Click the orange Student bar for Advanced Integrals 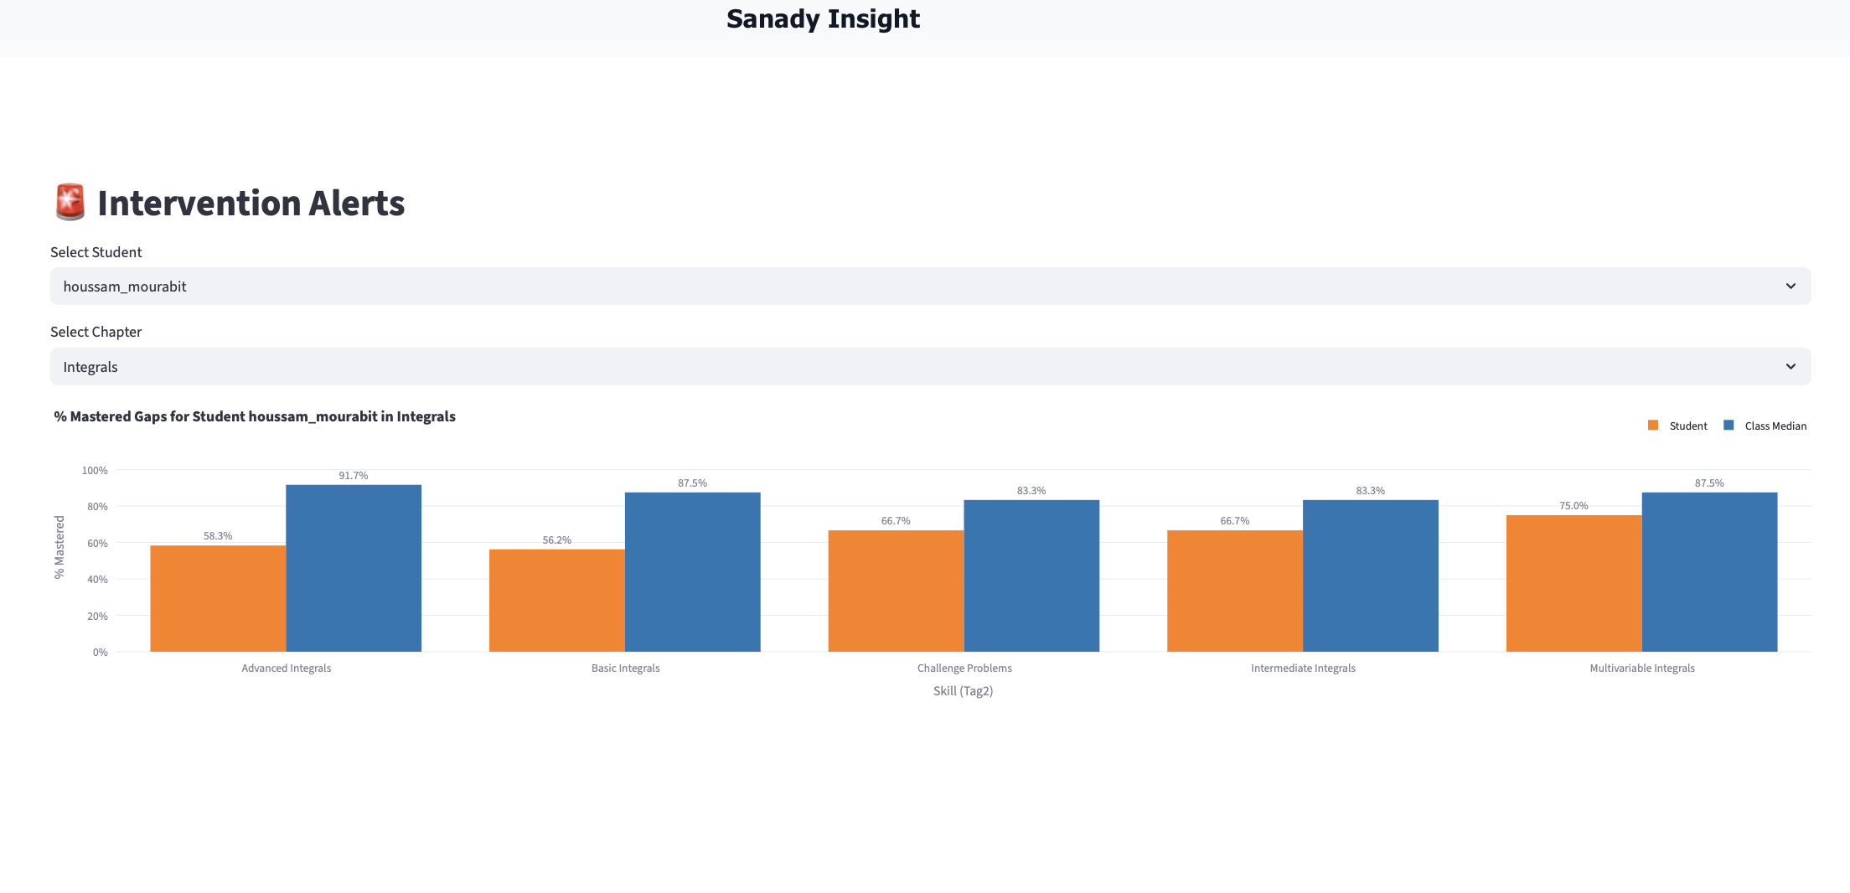218,598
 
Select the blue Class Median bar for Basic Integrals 692,571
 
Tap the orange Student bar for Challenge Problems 896,591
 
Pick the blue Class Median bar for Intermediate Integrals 1370,576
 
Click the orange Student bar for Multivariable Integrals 1574,583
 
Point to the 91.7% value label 353,476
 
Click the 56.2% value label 556,540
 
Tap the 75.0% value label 1574,506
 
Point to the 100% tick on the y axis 95,471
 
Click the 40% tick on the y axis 97,580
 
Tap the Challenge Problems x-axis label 964,668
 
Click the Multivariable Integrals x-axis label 1641,668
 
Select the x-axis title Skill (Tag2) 963,691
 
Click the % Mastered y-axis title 59,547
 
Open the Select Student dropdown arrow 1791,286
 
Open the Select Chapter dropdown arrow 1791,367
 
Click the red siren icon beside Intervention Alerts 70,203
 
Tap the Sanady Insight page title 823,19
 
